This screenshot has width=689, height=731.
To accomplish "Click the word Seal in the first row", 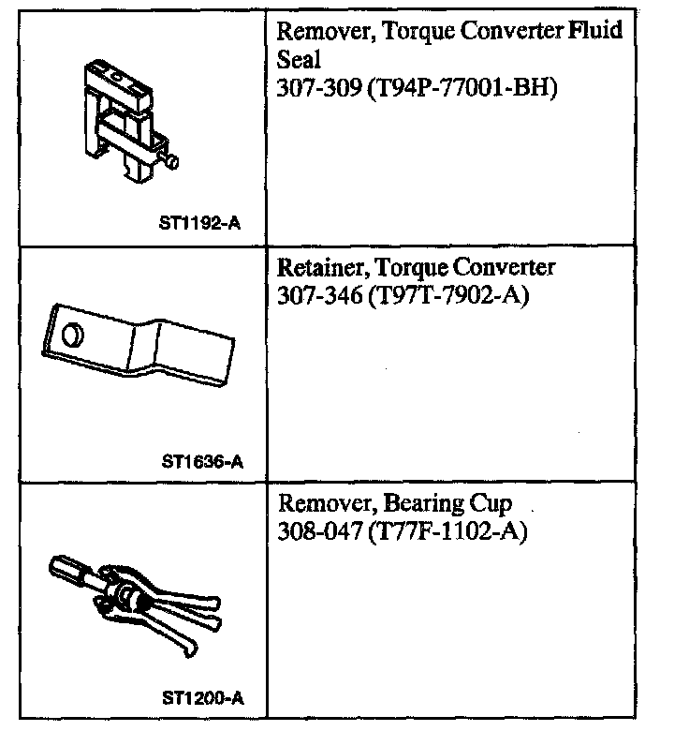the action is point(299,61).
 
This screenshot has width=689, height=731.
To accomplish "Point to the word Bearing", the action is point(430,504).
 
